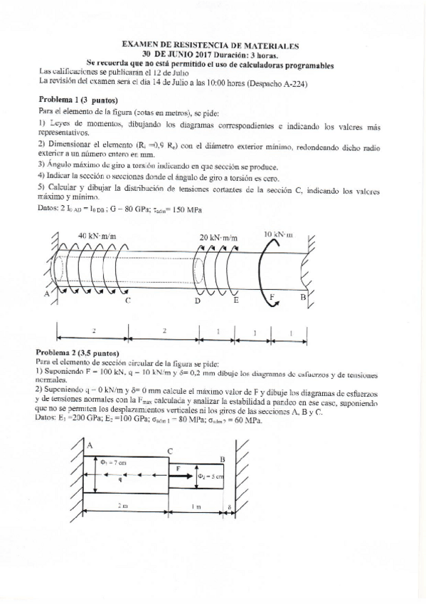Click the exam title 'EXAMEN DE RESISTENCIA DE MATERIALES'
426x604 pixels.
[x=206, y=44]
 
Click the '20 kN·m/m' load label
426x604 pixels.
[x=218, y=237]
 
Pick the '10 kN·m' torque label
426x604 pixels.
[x=278, y=234]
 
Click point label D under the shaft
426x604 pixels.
[x=197, y=302]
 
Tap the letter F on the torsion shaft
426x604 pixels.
[x=270, y=295]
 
